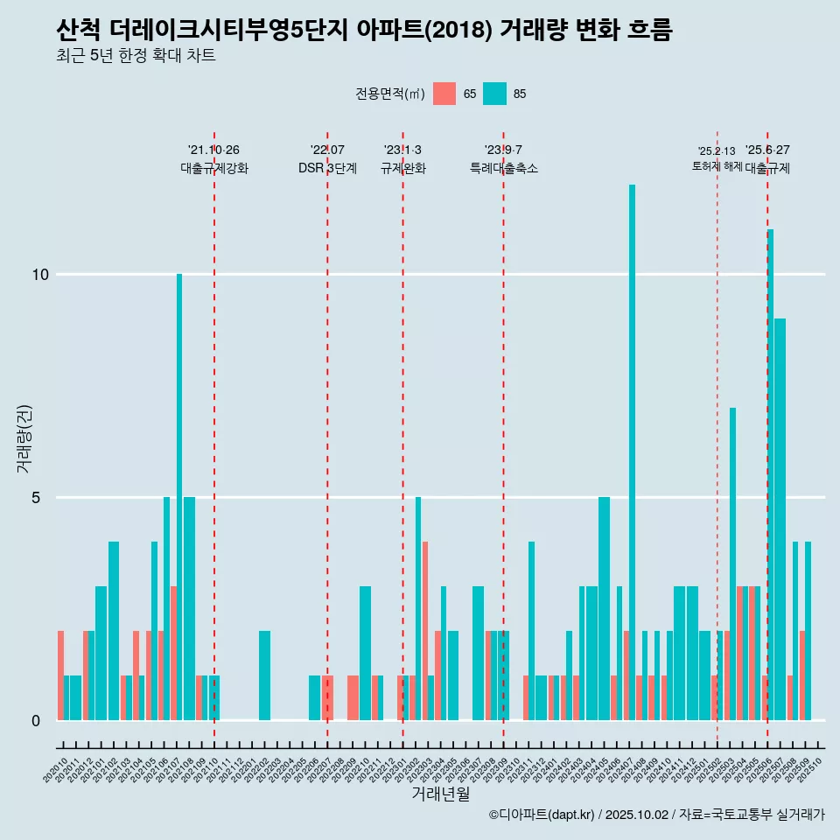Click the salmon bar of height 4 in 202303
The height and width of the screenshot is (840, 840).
coord(425,630)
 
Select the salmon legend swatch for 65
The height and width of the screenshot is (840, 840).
coord(444,94)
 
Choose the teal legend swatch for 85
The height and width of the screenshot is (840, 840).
coord(494,94)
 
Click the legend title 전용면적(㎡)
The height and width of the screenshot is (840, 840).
coord(390,94)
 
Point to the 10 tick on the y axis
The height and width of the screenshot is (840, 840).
coord(40,275)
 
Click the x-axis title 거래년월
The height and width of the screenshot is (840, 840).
coord(440,794)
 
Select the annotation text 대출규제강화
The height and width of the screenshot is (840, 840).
coord(214,168)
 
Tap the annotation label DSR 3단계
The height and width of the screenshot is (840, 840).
coord(327,168)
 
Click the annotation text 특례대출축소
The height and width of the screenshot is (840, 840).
coord(503,168)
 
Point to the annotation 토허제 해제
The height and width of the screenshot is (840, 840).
coord(717,166)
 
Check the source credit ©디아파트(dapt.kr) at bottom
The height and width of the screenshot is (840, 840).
coord(542,815)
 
